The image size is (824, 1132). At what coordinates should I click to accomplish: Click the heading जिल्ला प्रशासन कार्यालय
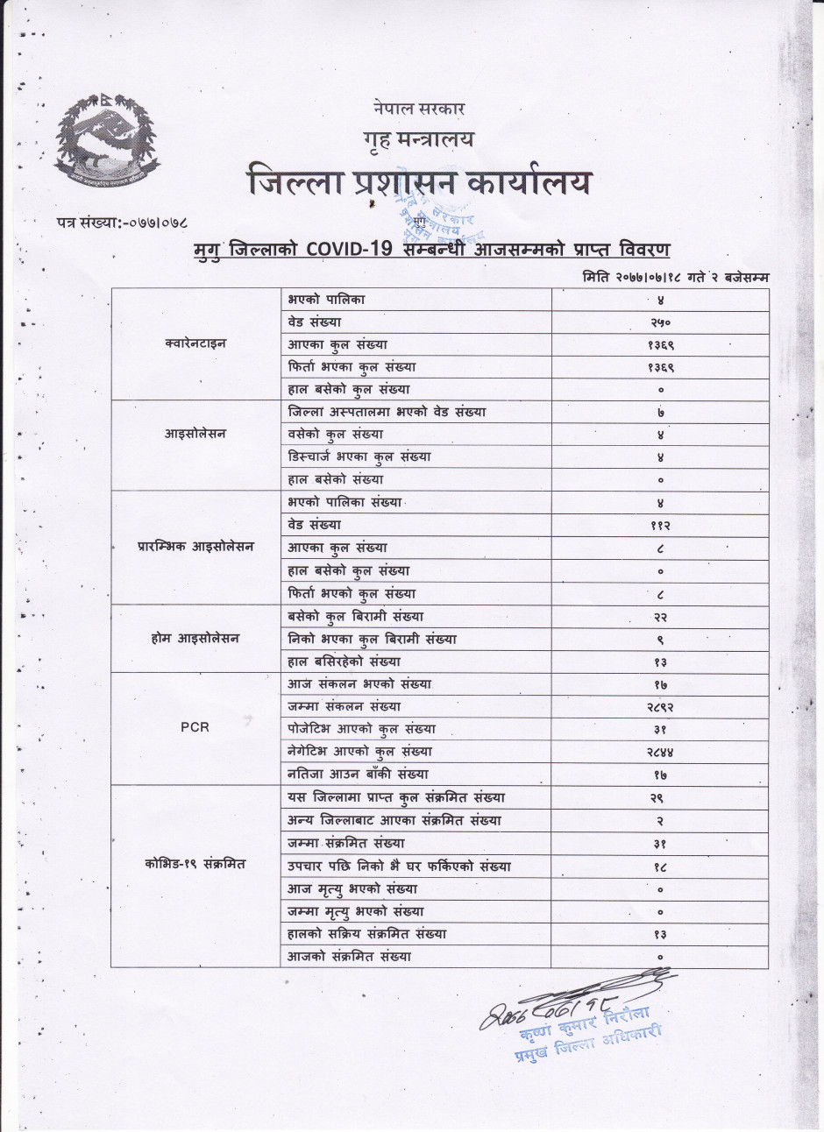pyautogui.click(x=419, y=182)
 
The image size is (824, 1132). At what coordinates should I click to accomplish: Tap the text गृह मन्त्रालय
pyautogui.click(x=417, y=138)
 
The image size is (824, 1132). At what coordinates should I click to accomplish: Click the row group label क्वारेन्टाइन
pyautogui.click(x=195, y=344)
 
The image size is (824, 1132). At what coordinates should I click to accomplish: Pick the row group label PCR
pyautogui.click(x=195, y=727)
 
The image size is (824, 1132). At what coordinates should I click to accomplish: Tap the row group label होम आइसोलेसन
pyautogui.click(x=195, y=639)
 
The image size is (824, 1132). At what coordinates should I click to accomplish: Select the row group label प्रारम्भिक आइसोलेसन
pyautogui.click(x=195, y=547)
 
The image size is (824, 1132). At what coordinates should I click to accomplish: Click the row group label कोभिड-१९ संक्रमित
pyautogui.click(x=195, y=865)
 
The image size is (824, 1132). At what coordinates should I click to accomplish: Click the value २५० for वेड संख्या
pyautogui.click(x=660, y=322)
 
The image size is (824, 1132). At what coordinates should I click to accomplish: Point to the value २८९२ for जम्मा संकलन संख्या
pyautogui.click(x=660, y=706)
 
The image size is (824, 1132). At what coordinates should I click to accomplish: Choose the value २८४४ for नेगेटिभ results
pyautogui.click(x=660, y=752)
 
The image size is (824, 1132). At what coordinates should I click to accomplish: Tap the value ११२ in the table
pyautogui.click(x=660, y=526)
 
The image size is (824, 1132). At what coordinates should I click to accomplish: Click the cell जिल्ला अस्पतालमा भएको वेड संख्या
pyautogui.click(x=387, y=412)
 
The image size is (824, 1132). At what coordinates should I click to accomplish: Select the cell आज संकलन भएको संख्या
pyautogui.click(x=359, y=684)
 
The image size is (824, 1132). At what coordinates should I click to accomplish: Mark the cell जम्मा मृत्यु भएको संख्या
pyautogui.click(x=356, y=912)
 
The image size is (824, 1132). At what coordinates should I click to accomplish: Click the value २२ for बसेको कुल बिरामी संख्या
pyautogui.click(x=660, y=617)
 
